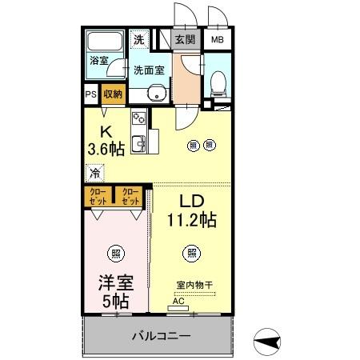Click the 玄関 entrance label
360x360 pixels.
[x=185, y=39]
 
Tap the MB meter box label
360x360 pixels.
[x=218, y=39]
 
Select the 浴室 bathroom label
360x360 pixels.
[x=98, y=60]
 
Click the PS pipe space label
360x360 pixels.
[x=90, y=94]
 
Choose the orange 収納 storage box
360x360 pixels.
[x=113, y=94]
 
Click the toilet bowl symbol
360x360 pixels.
[x=218, y=82]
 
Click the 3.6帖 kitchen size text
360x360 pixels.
[x=106, y=148]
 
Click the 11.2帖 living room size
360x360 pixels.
[x=193, y=217]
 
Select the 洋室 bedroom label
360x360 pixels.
[x=116, y=283]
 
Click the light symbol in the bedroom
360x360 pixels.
[x=116, y=254]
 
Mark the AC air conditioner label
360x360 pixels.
[x=178, y=302]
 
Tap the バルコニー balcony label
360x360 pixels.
[x=162, y=337]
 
